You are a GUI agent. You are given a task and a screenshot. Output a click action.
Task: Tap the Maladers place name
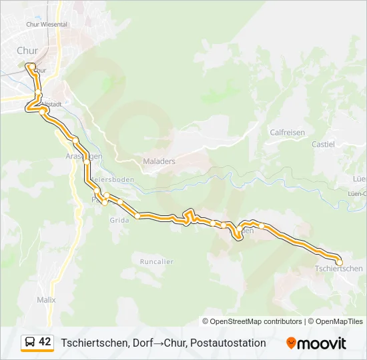point(159,161)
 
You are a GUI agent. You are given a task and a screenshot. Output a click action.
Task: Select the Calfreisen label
point(287,133)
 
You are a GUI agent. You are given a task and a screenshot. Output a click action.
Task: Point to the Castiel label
point(324,144)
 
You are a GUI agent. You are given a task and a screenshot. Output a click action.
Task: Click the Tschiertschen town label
point(338,269)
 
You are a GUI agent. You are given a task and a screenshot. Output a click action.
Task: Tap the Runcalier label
point(157,262)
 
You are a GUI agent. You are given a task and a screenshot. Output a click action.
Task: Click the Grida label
point(119,221)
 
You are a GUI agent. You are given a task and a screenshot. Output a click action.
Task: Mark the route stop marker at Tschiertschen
point(339,262)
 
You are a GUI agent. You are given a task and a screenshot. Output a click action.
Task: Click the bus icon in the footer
point(29,343)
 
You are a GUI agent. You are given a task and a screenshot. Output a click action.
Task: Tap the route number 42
point(45,343)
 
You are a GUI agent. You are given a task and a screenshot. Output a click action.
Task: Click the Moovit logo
point(316,343)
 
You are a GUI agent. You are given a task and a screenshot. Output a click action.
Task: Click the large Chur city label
point(27,51)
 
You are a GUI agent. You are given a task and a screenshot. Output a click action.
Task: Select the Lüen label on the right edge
point(360,179)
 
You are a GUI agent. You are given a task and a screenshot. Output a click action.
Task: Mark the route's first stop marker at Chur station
point(29,65)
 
